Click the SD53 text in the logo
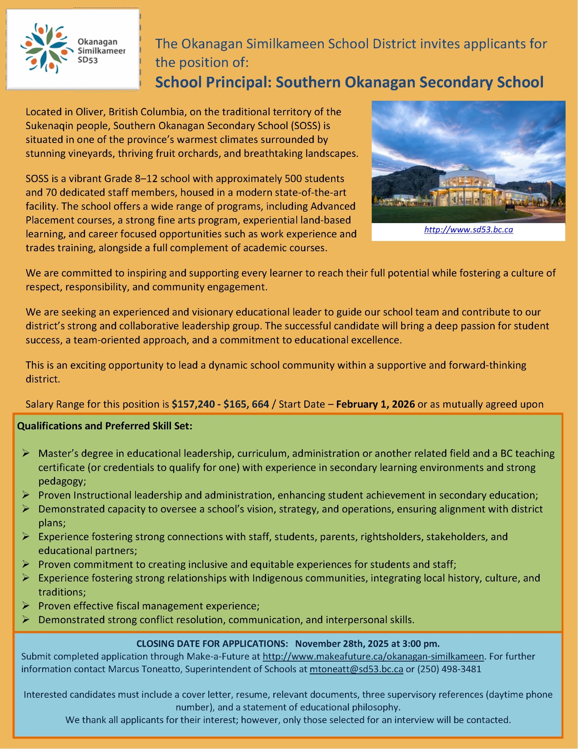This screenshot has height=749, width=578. tap(88, 60)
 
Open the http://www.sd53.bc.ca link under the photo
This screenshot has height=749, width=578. tap(468, 230)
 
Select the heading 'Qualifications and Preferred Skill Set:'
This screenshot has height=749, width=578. tap(104, 426)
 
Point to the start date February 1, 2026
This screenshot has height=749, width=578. tap(375, 404)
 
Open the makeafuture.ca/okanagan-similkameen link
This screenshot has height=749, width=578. tap(373, 656)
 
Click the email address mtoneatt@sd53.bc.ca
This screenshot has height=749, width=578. tap(356, 669)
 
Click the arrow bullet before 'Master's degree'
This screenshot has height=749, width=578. tap(26, 453)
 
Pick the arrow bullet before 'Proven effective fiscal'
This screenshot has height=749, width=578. tap(26, 606)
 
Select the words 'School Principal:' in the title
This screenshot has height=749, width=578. tap(213, 82)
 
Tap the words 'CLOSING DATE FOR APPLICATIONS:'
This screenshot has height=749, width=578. tap(212, 643)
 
